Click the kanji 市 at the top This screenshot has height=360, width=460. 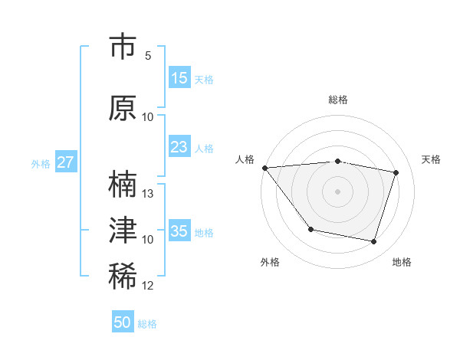click(123, 47)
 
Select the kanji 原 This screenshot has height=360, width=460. click(123, 108)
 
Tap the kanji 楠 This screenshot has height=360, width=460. click(123, 185)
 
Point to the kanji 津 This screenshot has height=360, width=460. click(123, 231)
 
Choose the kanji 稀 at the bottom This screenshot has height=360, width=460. click(123, 277)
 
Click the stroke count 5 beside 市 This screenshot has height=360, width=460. click(148, 56)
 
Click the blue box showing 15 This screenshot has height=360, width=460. click(179, 78)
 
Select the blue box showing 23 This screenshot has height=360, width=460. click(179, 147)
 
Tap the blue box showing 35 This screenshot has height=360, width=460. click(179, 231)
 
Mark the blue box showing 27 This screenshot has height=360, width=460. click(65, 162)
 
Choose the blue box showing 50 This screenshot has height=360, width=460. click(123, 323)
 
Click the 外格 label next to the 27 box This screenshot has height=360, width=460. click(41, 163)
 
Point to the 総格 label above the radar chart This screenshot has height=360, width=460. click(338, 100)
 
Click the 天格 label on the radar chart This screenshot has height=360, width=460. click(432, 159)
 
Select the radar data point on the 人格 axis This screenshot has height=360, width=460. click(264, 168)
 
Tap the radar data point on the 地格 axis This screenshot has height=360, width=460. click(373, 242)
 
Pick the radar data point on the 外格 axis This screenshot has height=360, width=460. click(310, 229)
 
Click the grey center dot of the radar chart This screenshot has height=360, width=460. click(338, 191)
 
